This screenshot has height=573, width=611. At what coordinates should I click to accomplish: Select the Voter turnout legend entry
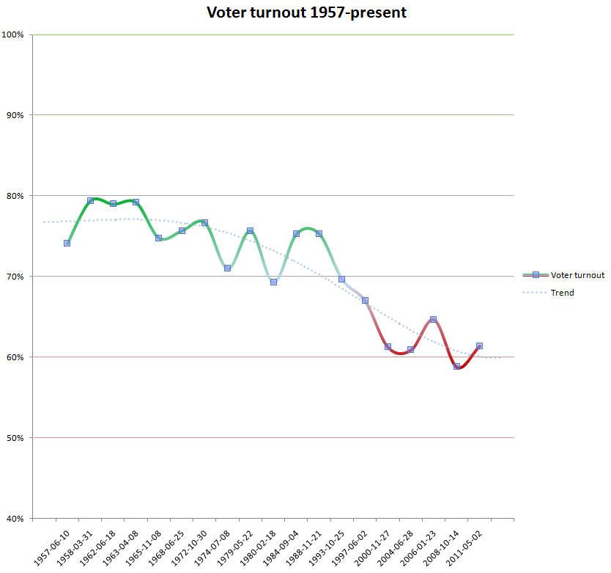click(x=577, y=275)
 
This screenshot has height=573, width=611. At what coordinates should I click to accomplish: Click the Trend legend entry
click(x=562, y=293)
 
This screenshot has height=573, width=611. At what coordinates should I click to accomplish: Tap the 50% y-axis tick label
click(x=15, y=438)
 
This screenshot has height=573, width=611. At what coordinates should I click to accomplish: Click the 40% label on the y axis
click(x=15, y=519)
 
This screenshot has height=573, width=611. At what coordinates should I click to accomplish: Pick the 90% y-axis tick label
click(x=15, y=115)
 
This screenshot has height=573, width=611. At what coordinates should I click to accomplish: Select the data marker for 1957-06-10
click(x=67, y=243)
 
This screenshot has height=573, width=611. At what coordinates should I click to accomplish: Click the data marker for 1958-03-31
click(x=90, y=200)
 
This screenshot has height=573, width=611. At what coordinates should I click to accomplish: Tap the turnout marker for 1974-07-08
click(x=227, y=268)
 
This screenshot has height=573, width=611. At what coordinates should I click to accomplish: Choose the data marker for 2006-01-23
click(x=433, y=319)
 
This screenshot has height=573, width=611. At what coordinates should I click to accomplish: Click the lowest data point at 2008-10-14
click(x=456, y=366)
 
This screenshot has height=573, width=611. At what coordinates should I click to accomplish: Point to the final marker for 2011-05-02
click(x=479, y=346)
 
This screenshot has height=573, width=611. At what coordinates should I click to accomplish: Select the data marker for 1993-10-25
click(x=341, y=279)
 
